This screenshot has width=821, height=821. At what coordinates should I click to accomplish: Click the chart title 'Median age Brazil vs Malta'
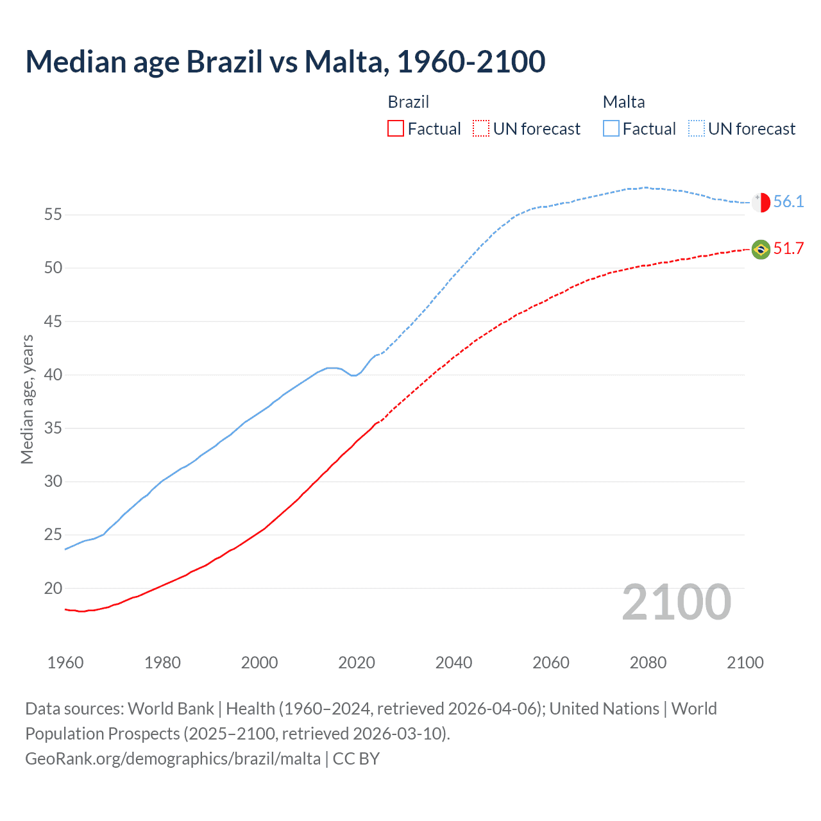pyautogui.click(x=285, y=62)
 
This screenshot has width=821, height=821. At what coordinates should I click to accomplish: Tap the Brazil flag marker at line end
pyautogui.click(x=761, y=250)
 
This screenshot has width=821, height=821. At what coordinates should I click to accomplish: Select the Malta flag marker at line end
pyautogui.click(x=761, y=202)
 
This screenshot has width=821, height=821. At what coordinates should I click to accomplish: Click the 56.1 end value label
pyautogui.click(x=788, y=202)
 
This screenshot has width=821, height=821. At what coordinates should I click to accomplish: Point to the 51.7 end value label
pyautogui.click(x=788, y=249)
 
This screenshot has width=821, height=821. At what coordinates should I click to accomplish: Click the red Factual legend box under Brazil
pyautogui.click(x=396, y=129)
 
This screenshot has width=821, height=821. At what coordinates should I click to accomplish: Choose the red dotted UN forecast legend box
pyautogui.click(x=481, y=129)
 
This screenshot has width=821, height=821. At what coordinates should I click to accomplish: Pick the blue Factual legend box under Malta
pyautogui.click(x=611, y=129)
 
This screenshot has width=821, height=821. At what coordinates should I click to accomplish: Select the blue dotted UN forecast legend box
pyautogui.click(x=697, y=129)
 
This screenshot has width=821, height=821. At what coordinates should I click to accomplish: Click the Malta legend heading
pyautogui.click(x=623, y=102)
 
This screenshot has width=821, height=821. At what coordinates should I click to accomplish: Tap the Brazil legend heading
pyautogui.click(x=408, y=102)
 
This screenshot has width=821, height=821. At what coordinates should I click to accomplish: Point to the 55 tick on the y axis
pyautogui.click(x=53, y=215)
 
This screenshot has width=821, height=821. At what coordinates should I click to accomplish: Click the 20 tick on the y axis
pyautogui.click(x=53, y=588)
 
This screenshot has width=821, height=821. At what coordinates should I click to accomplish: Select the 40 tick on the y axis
pyautogui.click(x=53, y=375)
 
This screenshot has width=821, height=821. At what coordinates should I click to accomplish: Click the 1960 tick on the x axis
pyautogui.click(x=65, y=663)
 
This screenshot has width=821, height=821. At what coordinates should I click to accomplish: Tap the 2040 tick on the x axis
pyautogui.click(x=453, y=663)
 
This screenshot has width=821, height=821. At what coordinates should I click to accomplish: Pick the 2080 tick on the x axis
pyautogui.click(x=648, y=663)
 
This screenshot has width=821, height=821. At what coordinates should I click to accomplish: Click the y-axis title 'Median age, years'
pyautogui.click(x=27, y=399)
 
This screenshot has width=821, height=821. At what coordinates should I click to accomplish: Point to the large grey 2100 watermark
pyautogui.click(x=676, y=602)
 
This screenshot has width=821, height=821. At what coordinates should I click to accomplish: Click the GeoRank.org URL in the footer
pyautogui.click(x=173, y=759)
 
